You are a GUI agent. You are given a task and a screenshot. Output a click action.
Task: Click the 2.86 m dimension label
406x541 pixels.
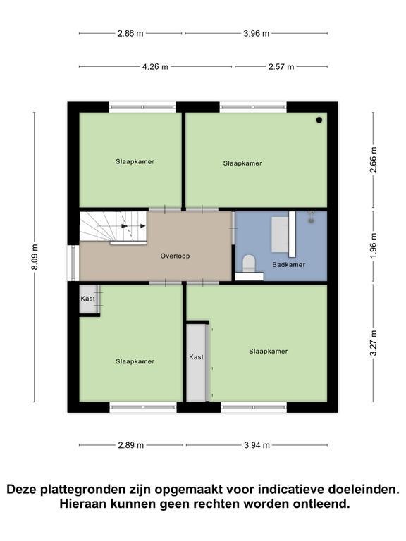(x=130, y=34)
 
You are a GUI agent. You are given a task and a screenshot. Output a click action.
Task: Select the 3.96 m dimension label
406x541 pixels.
(x=256, y=34)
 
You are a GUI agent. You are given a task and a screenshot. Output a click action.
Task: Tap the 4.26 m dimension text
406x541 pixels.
(x=155, y=67)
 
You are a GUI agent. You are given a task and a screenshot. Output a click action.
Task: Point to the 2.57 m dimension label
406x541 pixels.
(x=281, y=67)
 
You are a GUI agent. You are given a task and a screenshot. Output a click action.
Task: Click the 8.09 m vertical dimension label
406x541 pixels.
(x=35, y=257)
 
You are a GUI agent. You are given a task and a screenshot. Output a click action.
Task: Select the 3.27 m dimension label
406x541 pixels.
(x=373, y=343)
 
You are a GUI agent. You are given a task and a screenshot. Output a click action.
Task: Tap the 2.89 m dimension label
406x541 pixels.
(x=131, y=445)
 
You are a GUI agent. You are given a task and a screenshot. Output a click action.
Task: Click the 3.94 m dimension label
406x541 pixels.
(x=257, y=445)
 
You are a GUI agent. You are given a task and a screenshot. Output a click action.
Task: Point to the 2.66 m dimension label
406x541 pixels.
(x=373, y=160)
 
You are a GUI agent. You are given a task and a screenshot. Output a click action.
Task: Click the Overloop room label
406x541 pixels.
(x=175, y=256)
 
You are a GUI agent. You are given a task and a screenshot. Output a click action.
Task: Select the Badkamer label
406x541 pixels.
(x=288, y=265)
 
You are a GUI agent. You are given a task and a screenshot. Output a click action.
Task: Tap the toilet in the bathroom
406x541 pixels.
(x=249, y=263)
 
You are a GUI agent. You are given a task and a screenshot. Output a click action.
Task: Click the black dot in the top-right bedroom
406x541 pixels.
(x=319, y=120)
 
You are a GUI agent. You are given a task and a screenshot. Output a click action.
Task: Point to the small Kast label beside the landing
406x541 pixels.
(x=87, y=299)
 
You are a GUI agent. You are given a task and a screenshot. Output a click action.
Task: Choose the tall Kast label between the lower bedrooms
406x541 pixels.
(x=196, y=357)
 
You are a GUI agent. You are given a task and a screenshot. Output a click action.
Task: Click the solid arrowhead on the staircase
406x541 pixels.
(x=143, y=226)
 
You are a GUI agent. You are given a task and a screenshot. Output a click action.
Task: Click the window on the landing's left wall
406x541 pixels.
(x=73, y=263)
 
